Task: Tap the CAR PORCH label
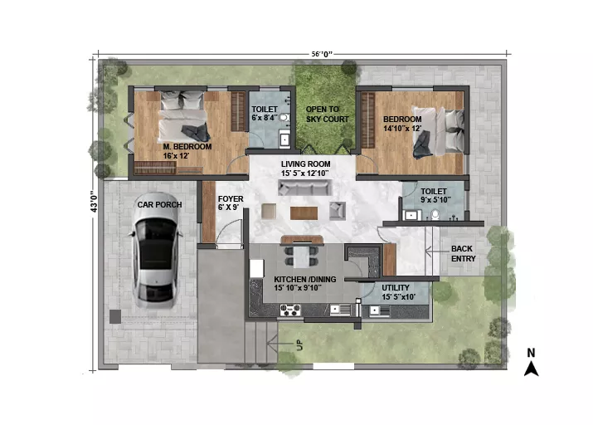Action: (159, 205)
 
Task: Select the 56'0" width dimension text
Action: (322, 54)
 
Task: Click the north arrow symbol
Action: (531, 363)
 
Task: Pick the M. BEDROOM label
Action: (187, 146)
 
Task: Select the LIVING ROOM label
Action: (305, 164)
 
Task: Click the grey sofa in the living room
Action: (305, 188)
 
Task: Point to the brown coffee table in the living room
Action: (304, 213)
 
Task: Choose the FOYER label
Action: (231, 199)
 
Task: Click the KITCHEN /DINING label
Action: (305, 279)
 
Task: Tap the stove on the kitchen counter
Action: (290, 310)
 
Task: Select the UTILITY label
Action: (396, 288)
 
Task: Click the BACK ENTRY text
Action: (463, 253)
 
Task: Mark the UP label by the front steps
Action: (299, 345)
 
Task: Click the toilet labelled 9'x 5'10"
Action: (435, 215)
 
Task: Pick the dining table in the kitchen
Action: (301, 256)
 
